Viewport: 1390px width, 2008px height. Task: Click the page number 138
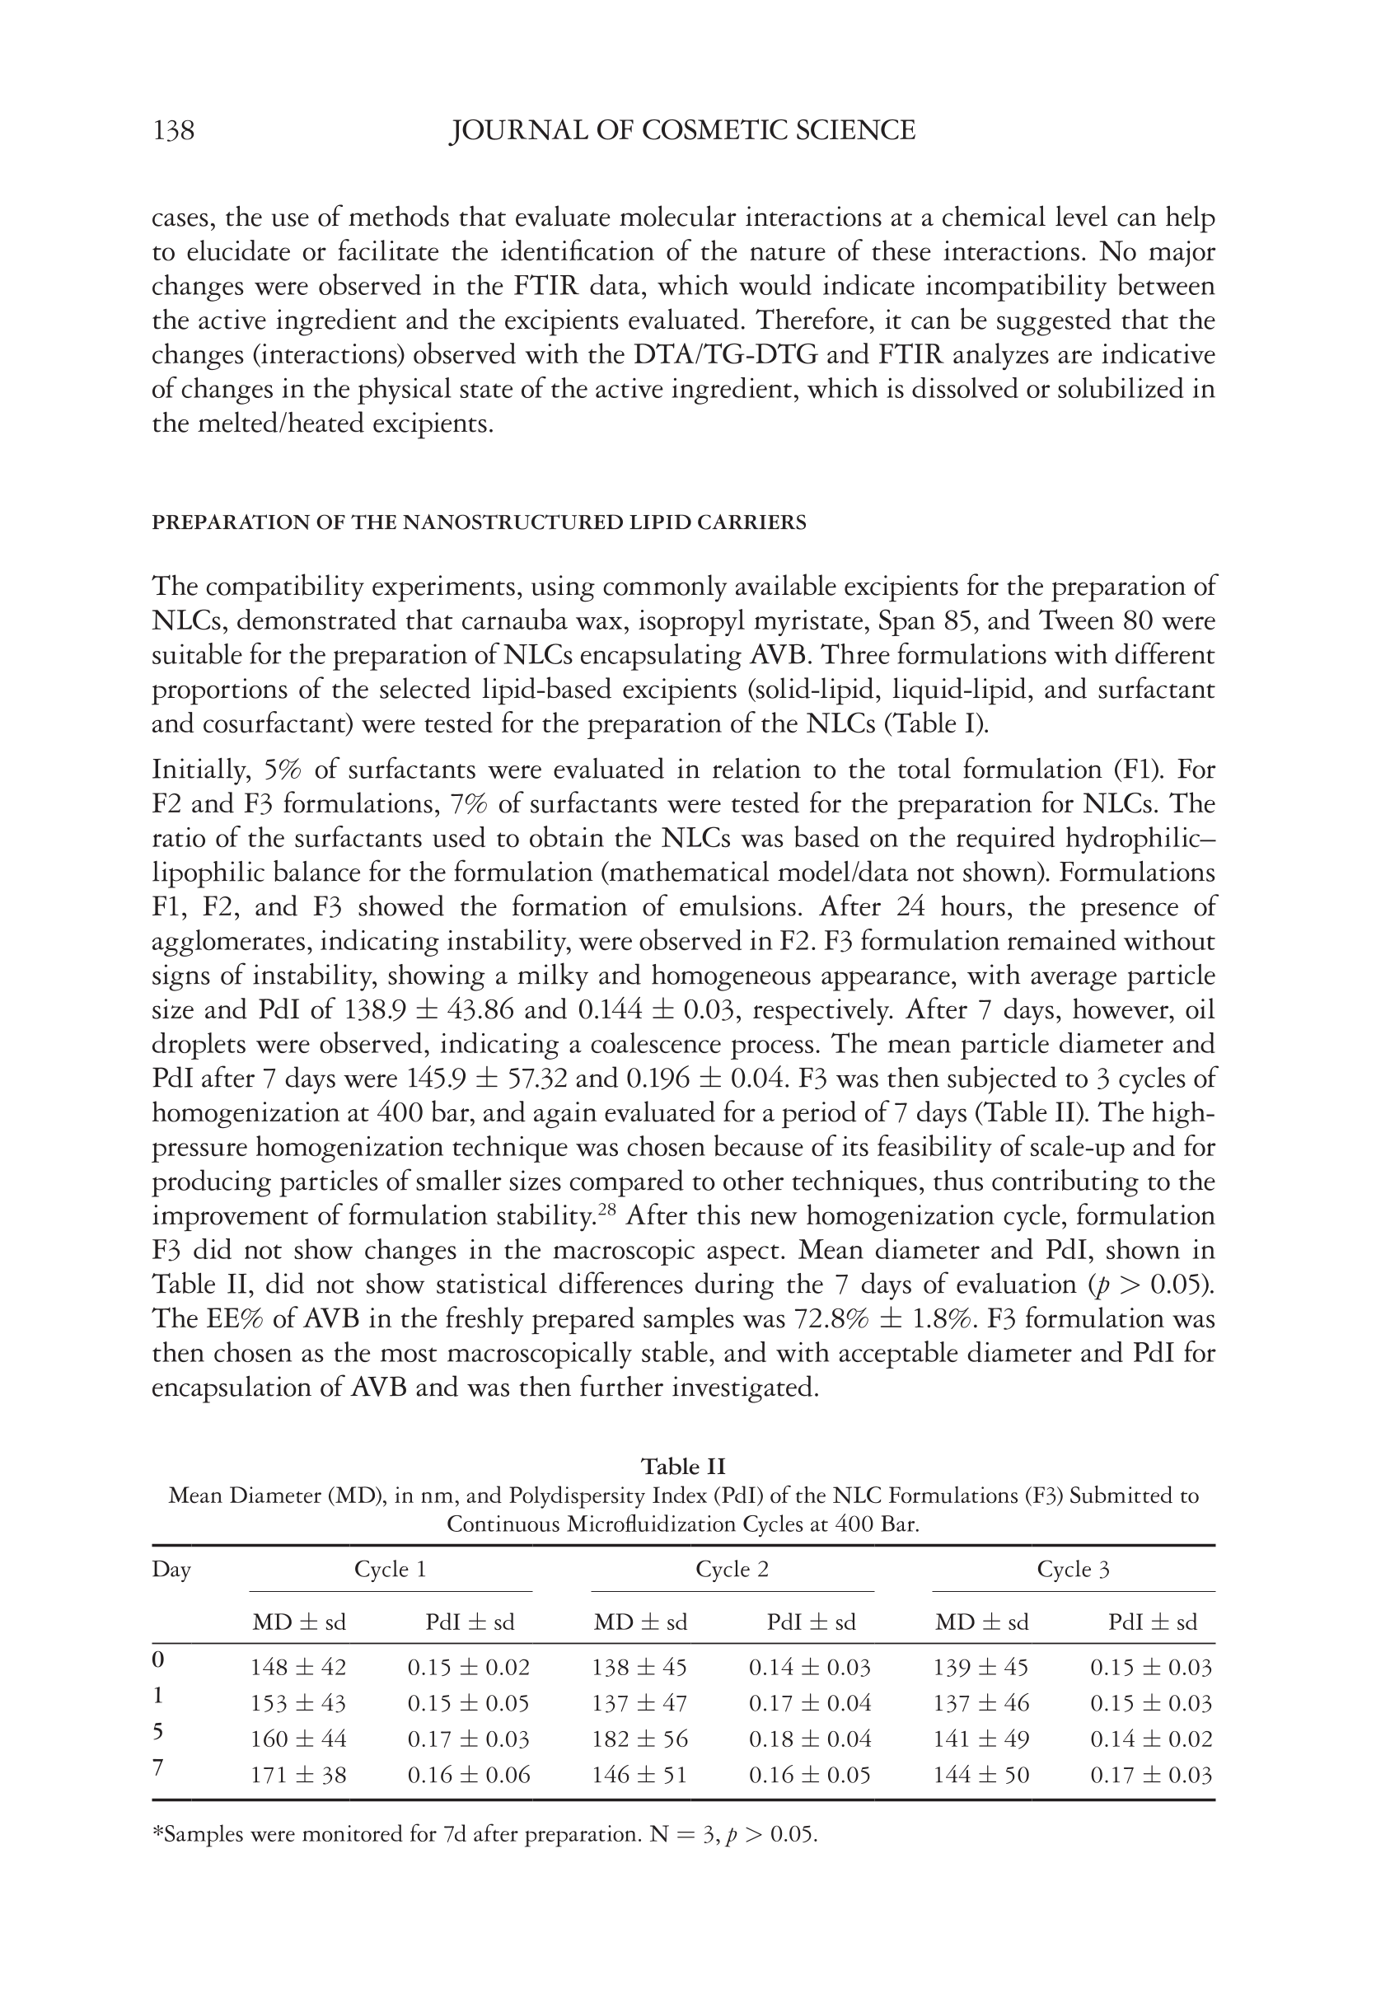(173, 131)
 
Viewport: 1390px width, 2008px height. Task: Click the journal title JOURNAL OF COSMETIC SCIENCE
(682, 131)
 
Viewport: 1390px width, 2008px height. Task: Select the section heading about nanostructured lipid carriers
(478, 522)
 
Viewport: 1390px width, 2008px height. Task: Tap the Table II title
(683, 1466)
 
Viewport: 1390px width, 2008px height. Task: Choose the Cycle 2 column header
(732, 1569)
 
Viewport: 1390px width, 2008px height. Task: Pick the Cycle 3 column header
(1073, 1569)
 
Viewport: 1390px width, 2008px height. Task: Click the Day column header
(171, 1569)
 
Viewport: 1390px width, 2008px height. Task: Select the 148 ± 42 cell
(298, 1668)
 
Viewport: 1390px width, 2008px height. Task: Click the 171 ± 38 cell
(298, 1775)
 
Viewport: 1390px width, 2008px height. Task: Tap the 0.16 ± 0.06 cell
(469, 1775)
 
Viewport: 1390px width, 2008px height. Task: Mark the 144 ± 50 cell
(980, 1775)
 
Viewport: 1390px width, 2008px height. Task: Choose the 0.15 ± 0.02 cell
(469, 1668)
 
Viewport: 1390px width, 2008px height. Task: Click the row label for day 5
(157, 1732)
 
